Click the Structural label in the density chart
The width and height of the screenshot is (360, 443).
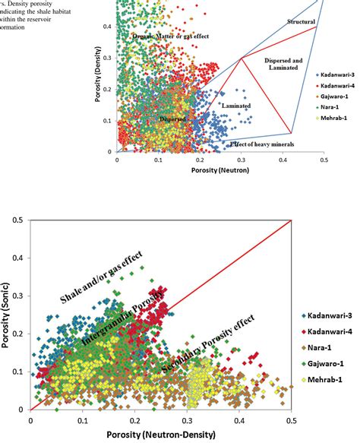302,24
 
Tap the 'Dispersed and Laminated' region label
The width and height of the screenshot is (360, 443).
284,63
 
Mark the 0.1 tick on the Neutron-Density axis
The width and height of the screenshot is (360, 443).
82,420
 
